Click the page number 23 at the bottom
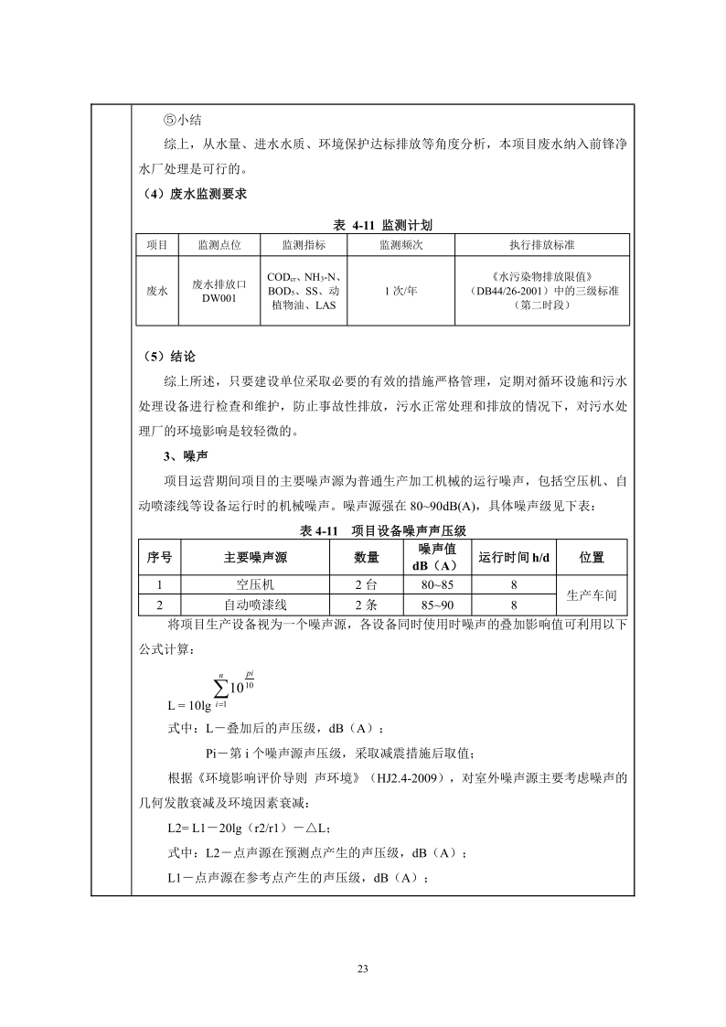pos(362,969)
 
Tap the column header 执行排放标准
pos(542,245)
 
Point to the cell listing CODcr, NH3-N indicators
pos(303,291)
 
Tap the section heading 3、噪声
pos(177,455)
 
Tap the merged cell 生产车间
pos(592,594)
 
